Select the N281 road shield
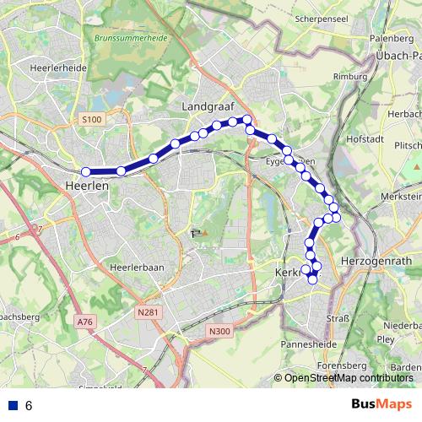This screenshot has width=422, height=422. click(147, 313)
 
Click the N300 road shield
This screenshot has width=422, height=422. click(219, 331)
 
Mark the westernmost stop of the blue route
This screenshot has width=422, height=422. click(86, 172)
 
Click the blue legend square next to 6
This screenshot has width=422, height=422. click(12, 405)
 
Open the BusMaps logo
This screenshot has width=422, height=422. click(381, 405)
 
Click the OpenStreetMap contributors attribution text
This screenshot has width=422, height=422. click(348, 378)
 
